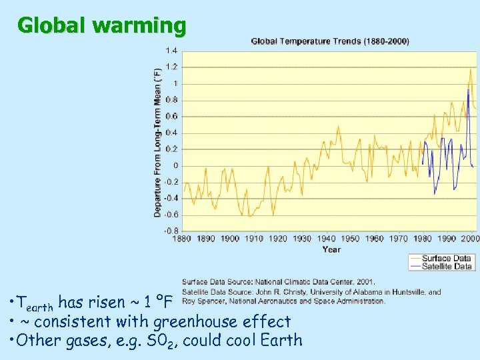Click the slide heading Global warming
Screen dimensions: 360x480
(102, 26)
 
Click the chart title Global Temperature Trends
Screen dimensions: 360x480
(330, 41)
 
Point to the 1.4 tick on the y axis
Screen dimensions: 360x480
(172, 51)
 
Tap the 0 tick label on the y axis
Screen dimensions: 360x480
(176, 165)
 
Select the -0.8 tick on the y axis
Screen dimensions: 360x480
(171, 231)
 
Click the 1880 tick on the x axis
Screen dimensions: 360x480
(183, 239)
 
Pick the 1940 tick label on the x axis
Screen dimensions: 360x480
(326, 239)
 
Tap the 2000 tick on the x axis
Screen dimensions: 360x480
(469, 239)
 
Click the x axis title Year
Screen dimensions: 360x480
(331, 249)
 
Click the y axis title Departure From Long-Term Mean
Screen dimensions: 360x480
(158, 141)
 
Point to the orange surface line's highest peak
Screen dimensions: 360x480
(470, 69)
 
